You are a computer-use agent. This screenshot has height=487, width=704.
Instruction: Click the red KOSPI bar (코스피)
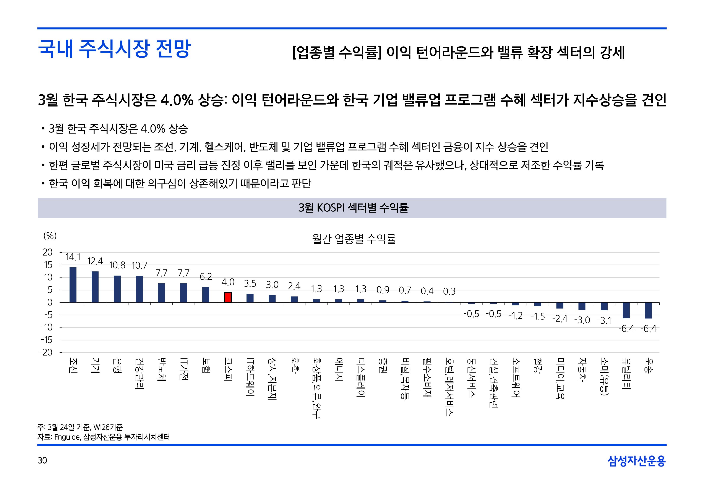(x=228, y=298)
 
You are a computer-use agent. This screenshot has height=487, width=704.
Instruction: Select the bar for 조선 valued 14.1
(x=73, y=285)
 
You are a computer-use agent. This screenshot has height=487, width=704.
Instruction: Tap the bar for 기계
(x=95, y=287)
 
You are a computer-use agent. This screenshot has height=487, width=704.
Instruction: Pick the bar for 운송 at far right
(x=648, y=310)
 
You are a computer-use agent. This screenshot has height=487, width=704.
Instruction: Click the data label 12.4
(x=95, y=261)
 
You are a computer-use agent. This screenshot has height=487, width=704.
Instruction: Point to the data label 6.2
(x=206, y=277)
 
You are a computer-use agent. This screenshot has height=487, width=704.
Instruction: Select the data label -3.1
(x=604, y=321)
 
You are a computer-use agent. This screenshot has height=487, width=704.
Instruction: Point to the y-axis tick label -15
(x=46, y=340)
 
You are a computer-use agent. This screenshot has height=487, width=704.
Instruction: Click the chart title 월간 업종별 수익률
(x=354, y=239)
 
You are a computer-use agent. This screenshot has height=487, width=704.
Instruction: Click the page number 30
(x=42, y=460)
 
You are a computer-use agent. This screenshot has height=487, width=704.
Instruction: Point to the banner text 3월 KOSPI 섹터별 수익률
(x=353, y=208)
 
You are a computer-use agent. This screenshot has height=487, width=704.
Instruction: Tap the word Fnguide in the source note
(x=67, y=437)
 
